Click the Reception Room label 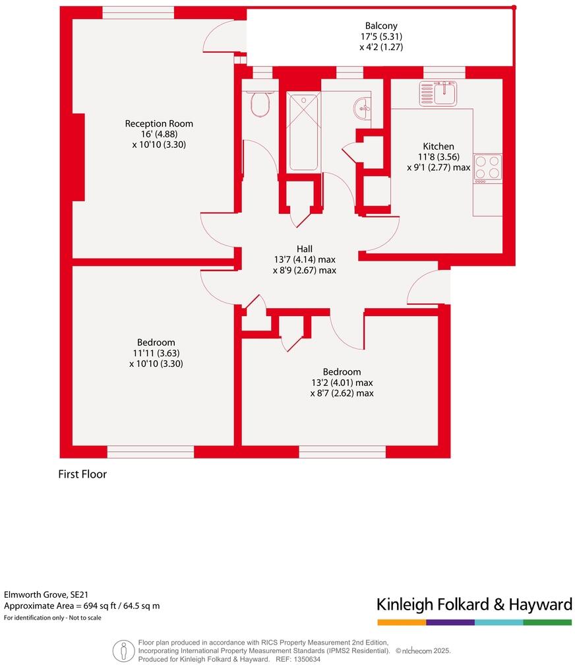tap(159, 123)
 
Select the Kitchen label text tap(438, 146)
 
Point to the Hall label tap(304, 248)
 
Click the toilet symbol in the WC tap(261, 104)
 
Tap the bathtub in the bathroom tap(304, 132)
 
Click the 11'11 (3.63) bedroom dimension tap(156, 353)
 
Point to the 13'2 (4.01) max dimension tap(342, 383)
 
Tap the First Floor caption tap(82, 474)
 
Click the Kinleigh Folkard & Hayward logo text tap(473, 604)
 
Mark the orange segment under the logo tap(402, 622)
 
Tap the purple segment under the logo tap(450, 622)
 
